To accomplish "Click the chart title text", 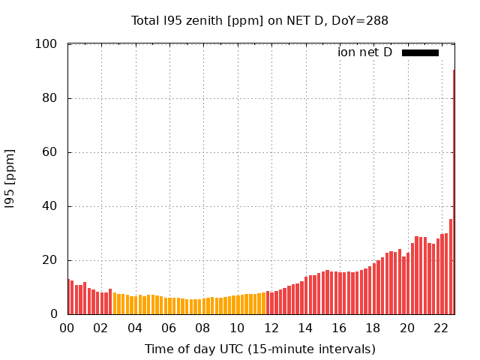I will [x=259, y=20].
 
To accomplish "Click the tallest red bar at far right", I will [x=454, y=192].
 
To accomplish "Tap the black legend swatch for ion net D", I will [x=420, y=52].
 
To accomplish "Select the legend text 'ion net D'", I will [x=364, y=52].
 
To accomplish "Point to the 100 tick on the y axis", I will [x=46, y=44].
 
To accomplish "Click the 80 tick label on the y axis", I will [x=49, y=98].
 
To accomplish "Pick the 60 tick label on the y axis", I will [x=49, y=152].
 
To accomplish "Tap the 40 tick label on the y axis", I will [x=49, y=206].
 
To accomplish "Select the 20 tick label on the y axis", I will [x=49, y=260].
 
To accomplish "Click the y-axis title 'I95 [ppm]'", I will [x=10, y=179].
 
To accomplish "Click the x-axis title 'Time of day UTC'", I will [x=259, y=349].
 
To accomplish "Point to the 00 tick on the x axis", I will [x=67, y=328].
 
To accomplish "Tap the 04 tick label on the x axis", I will [x=135, y=328].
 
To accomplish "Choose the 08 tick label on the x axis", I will [x=202, y=328].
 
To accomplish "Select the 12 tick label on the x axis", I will [x=271, y=328].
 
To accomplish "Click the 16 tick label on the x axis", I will [x=339, y=328].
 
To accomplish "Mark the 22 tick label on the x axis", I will [x=441, y=328].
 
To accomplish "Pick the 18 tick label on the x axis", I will [x=373, y=328].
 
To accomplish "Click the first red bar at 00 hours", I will [x=69, y=297].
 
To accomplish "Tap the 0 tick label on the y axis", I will [x=53, y=314].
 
